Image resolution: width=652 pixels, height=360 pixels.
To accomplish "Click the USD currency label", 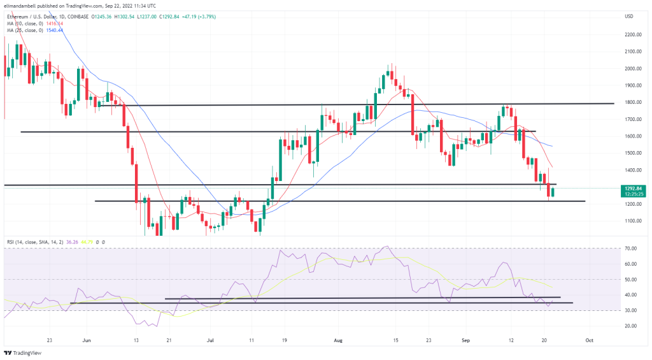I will point(628,16).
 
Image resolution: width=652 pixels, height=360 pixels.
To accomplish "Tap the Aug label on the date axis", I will point(339,341).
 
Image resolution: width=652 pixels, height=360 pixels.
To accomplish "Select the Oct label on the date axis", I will point(590,341).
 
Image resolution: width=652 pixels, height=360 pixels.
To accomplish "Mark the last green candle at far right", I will point(553,192).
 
